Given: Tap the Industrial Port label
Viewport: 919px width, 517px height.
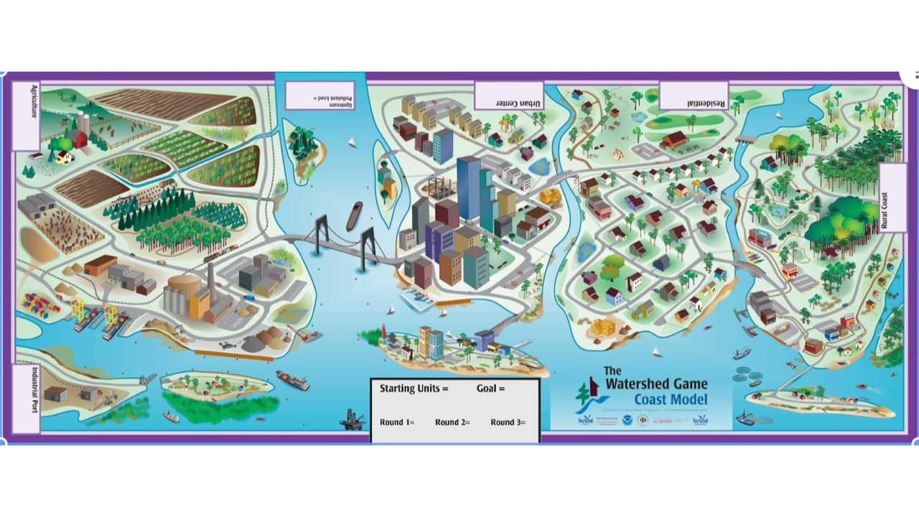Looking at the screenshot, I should click(x=27, y=399).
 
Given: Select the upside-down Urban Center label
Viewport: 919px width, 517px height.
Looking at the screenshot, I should click(x=509, y=96).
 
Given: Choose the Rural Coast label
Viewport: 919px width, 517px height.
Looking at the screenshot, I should click(x=892, y=198).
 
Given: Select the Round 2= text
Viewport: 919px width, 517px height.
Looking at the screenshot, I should click(x=452, y=422).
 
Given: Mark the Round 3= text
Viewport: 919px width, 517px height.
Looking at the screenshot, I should click(x=508, y=422).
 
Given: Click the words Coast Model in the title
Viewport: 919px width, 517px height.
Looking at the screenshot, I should click(x=670, y=400).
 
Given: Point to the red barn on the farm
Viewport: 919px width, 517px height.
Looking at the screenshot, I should click(x=79, y=137).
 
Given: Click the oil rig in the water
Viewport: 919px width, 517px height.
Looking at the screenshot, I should click(x=350, y=418).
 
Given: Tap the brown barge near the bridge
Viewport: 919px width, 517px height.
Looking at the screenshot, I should click(x=354, y=215).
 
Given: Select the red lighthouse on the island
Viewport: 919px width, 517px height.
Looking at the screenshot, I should click(x=384, y=334).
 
